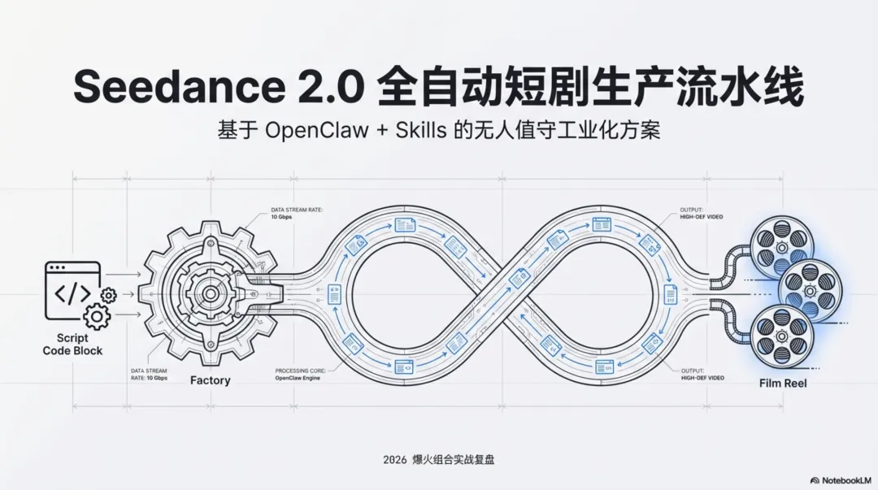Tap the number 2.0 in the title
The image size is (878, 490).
click(329, 87)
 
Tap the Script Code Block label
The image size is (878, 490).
click(72, 344)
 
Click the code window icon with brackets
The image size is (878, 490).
click(73, 287)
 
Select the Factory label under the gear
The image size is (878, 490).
click(210, 380)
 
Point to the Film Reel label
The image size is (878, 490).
click(784, 383)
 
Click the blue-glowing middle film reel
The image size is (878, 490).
click(810, 288)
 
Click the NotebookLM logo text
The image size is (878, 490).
click(843, 480)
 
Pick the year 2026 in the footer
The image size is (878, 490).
click(394, 460)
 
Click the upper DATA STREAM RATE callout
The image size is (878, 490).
click(296, 214)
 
